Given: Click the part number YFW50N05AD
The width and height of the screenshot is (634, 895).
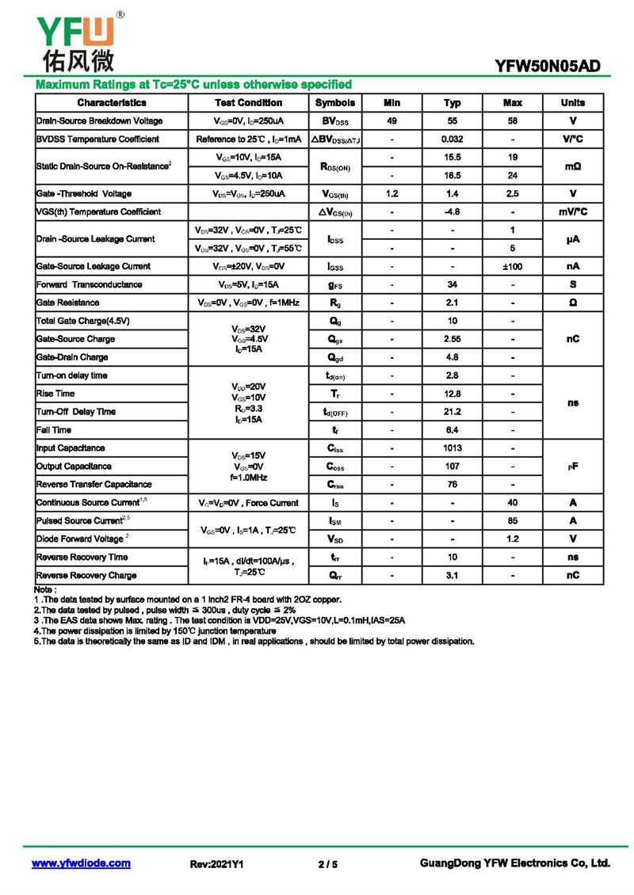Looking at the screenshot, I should point(548,67).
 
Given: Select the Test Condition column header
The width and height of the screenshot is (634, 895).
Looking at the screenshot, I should point(248,103).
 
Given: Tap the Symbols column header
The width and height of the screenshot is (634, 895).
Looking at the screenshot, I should point(335,103).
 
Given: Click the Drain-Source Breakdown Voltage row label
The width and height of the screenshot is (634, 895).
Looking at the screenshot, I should point(100,121).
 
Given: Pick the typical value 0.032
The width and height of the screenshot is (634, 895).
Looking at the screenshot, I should point(453,139).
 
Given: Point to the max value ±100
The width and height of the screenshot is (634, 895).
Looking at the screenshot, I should point(513,267).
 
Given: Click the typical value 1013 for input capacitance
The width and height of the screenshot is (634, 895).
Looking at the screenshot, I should point(453,448).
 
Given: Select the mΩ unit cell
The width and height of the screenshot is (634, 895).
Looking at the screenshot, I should point(573,166).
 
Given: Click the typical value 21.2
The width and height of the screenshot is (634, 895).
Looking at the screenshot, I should point(453,412).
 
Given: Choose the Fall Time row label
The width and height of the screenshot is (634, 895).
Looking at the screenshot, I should point(54,430).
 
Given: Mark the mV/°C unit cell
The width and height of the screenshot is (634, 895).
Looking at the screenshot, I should point(573,212).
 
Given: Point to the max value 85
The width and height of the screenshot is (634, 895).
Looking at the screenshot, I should point(513,521).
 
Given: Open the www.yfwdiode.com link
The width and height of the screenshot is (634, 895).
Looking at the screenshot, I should point(81,863).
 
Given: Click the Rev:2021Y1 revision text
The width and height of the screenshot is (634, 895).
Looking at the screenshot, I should point(217,864).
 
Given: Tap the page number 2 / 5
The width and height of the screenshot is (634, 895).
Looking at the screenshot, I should point(327,864).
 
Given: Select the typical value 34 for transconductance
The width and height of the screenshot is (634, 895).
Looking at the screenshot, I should point(453,284).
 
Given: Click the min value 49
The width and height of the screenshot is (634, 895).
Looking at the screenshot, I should point(391,121).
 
